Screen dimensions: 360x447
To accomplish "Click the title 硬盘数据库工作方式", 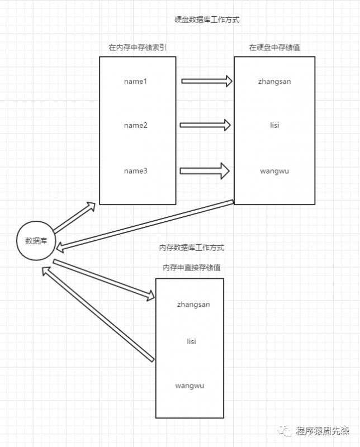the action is tap(207, 20).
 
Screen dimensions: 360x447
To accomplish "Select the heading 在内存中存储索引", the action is tap(137, 47).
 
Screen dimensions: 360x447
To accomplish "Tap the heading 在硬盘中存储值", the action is tap(274, 47).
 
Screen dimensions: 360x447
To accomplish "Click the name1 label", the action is tap(135, 82).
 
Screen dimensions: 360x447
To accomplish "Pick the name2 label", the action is tap(136, 125).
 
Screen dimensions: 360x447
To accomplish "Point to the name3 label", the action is tap(136, 171).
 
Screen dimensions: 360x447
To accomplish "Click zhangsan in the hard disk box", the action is tap(274, 82).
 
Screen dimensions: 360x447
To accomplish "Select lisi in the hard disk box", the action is tap(274, 125).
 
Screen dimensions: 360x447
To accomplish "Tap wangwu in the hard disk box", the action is tap(274, 172).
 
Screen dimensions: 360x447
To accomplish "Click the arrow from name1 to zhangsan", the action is tap(207, 81).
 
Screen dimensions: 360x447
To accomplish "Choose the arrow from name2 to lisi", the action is tap(205, 125).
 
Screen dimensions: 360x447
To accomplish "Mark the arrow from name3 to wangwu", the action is tap(205, 171).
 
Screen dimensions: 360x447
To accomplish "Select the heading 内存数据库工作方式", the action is tap(191, 248).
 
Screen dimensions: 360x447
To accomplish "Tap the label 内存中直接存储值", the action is tap(191, 268).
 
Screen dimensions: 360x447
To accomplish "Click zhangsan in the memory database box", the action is tap(193, 305).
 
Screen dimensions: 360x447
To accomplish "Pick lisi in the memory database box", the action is tap(191, 341).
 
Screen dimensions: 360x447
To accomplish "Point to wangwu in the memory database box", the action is tap(190, 386).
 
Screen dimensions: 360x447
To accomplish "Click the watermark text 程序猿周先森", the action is tap(323, 431).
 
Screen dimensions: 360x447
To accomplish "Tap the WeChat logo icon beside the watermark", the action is tap(285, 431).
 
